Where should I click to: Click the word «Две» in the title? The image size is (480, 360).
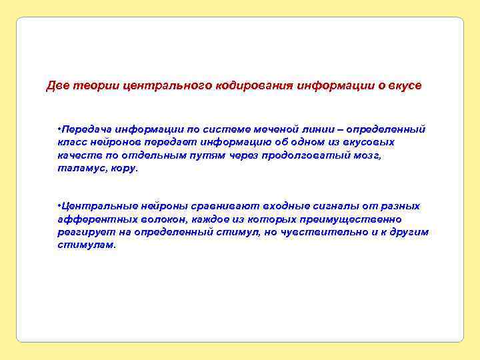pos(57,87)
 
